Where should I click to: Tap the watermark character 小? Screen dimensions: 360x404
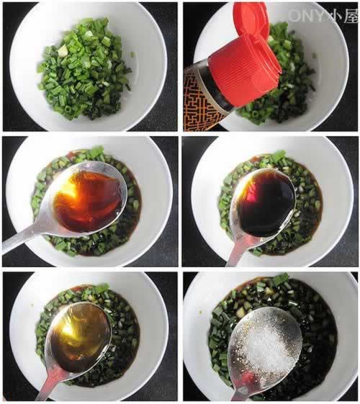click(x=335, y=16)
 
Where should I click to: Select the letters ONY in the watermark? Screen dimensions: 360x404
click(x=307, y=16)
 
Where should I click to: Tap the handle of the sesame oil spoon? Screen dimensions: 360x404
click(x=48, y=384)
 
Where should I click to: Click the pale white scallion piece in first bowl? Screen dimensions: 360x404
click(x=63, y=50)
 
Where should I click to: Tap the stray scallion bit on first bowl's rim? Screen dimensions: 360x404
click(x=132, y=55)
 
